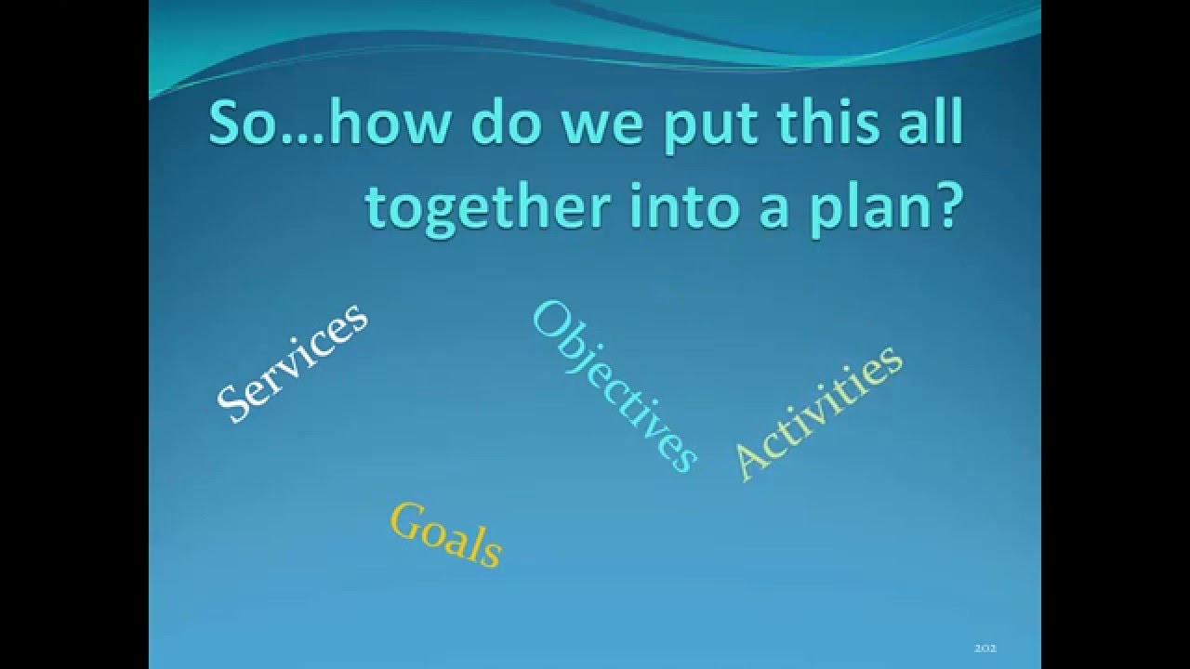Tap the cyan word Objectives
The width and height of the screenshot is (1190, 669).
614,387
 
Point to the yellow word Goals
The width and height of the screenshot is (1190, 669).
446,533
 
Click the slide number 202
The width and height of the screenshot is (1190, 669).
985,648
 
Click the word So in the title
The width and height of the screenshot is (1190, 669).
239,125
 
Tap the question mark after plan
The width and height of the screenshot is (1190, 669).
945,206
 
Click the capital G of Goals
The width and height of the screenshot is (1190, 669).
405,519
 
